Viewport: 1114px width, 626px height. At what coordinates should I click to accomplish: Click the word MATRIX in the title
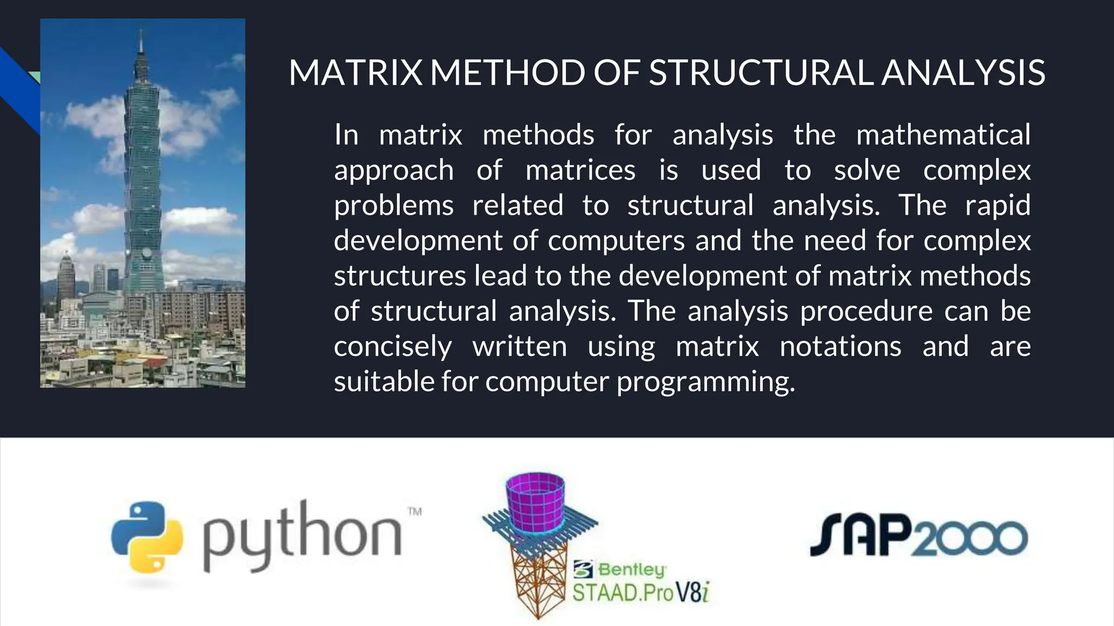tap(355, 73)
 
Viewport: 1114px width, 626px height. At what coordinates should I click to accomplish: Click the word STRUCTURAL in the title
tap(761, 73)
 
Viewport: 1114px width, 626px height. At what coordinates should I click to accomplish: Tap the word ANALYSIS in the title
tap(963, 73)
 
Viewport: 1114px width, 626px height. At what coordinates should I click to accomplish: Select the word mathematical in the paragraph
tap(943, 135)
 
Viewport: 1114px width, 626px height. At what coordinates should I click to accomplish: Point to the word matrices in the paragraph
tap(580, 170)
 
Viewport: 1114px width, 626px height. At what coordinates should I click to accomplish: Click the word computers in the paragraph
tap(616, 241)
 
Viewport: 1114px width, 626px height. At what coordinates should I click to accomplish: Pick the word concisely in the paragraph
tap(393, 347)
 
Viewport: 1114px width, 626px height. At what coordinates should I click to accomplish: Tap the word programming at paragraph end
tap(705, 382)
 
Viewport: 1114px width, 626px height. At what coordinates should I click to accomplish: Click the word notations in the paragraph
tap(840, 347)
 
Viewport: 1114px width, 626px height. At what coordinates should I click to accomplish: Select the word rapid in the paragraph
tap(998, 205)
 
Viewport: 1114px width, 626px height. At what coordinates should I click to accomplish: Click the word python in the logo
tap(302, 535)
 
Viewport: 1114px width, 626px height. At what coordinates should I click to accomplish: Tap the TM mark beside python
tap(414, 511)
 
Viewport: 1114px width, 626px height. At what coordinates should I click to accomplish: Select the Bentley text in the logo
tap(631, 569)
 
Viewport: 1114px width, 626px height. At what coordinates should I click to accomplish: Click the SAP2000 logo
tap(918, 535)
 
